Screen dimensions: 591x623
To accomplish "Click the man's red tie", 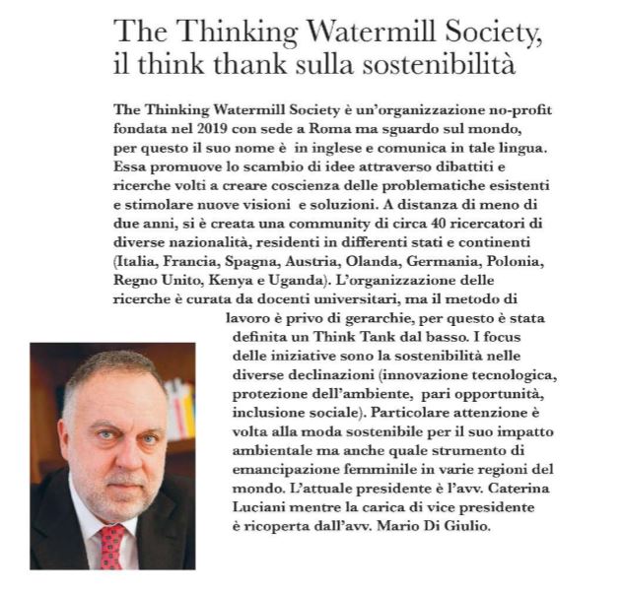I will pos(112,548).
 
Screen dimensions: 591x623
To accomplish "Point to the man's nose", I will pos(111,442).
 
